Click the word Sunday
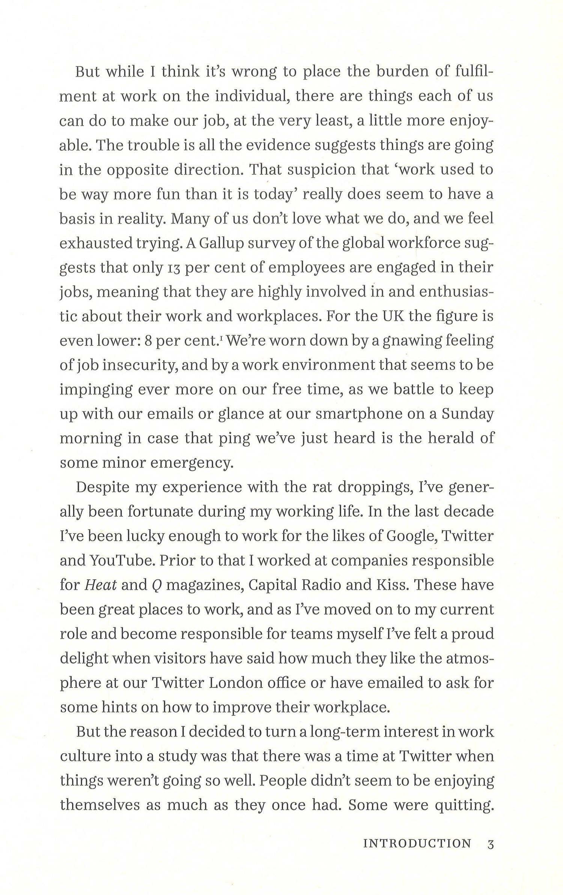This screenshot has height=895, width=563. click(x=467, y=414)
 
